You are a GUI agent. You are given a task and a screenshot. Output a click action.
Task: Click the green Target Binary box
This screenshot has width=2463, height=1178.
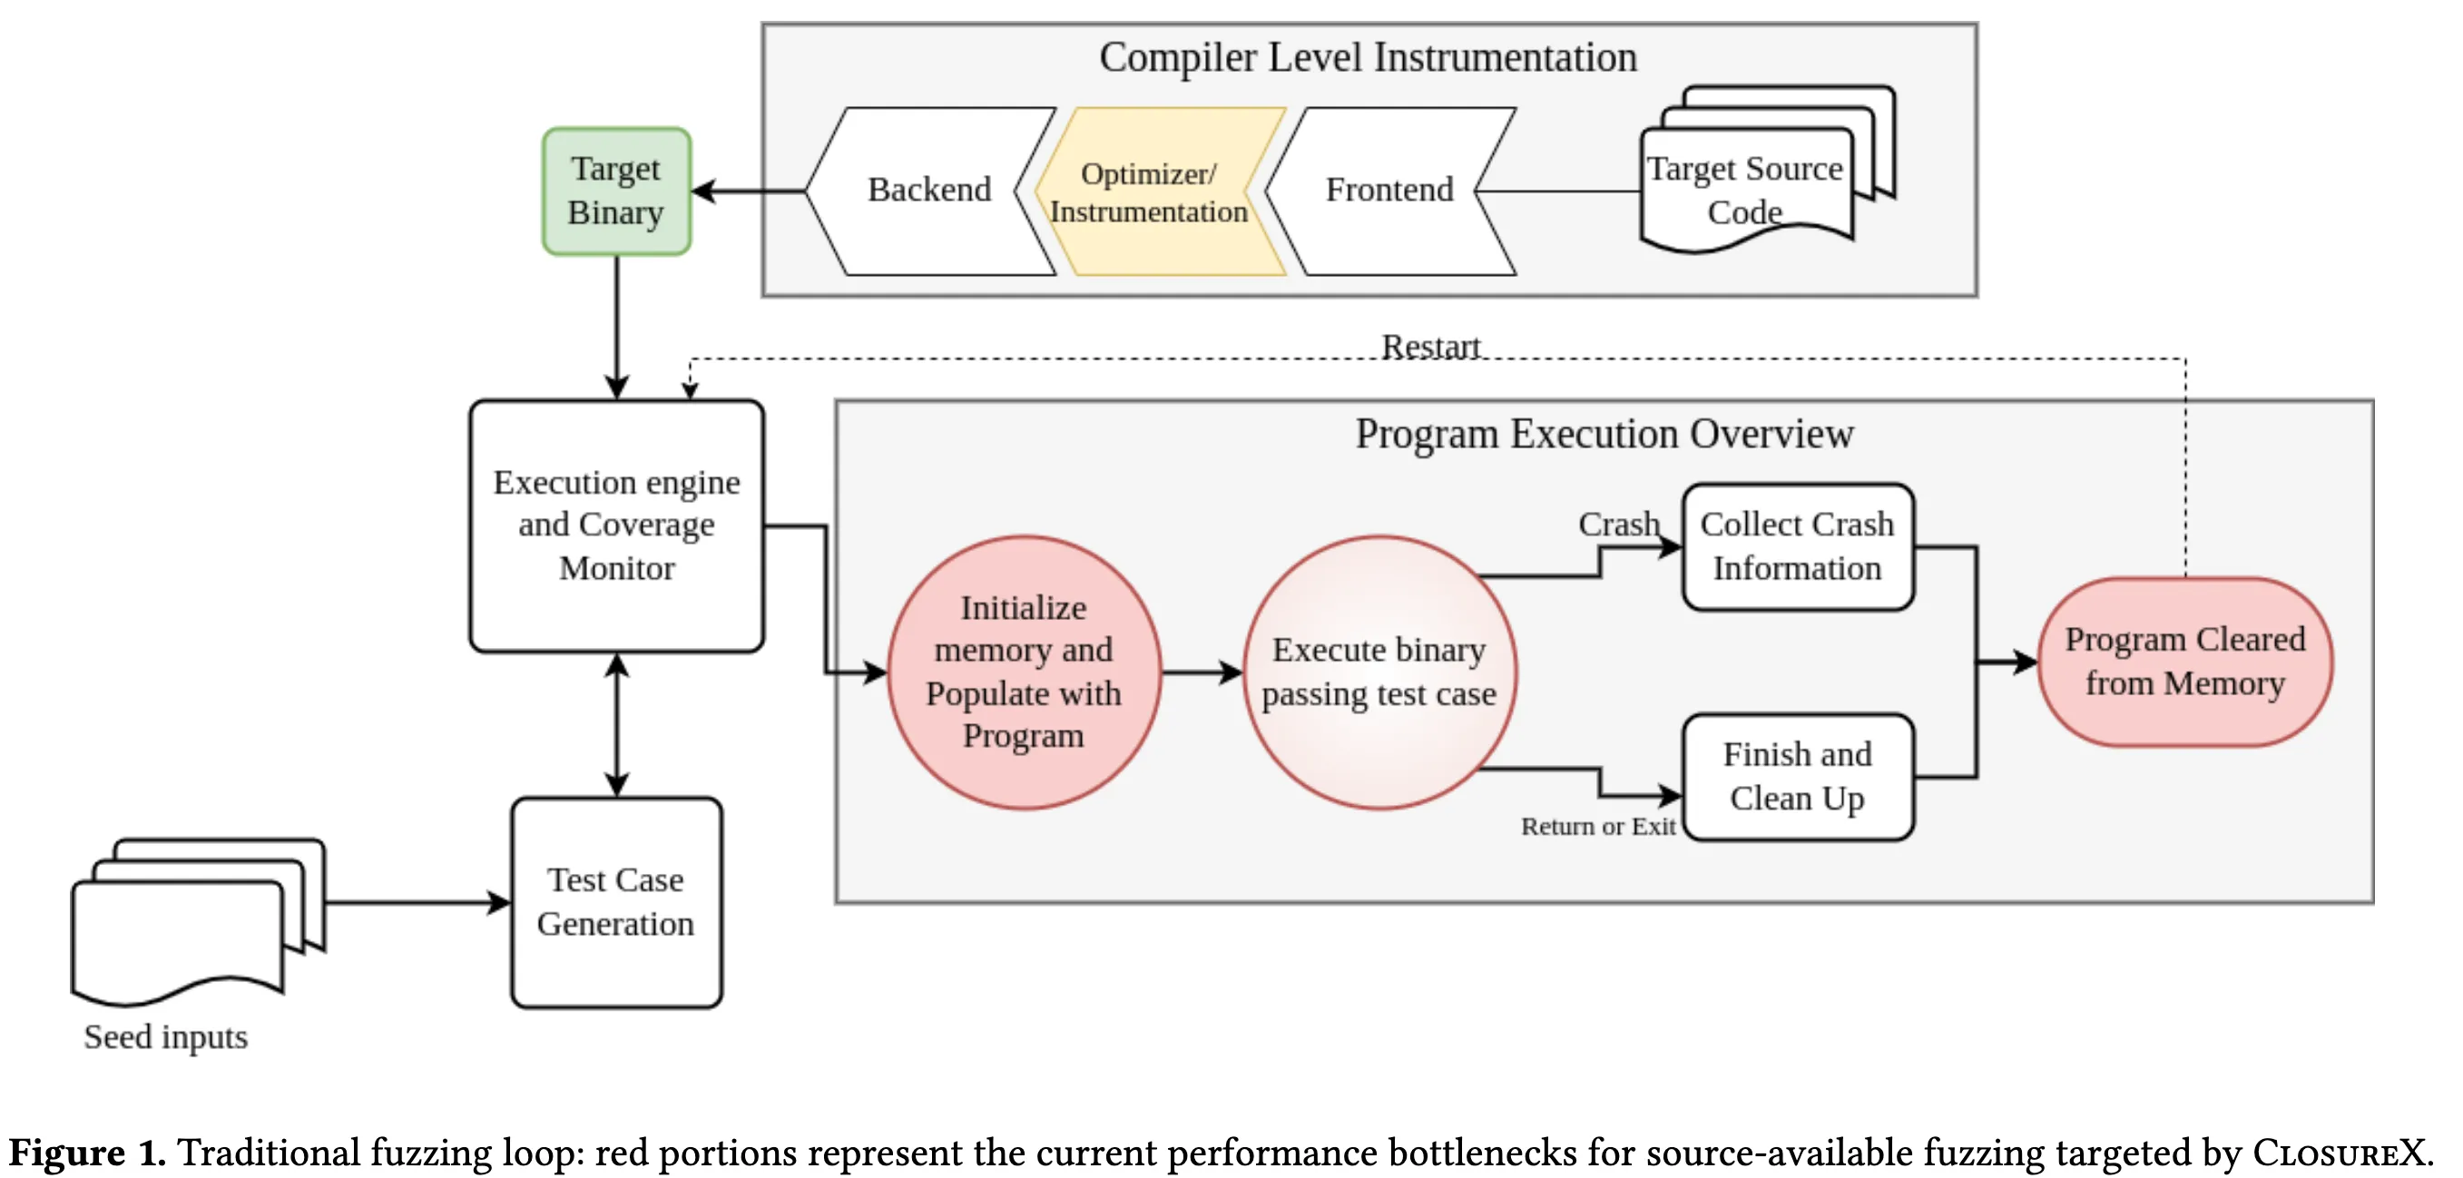(617, 191)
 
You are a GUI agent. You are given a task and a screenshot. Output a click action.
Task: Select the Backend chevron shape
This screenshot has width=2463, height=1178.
(929, 191)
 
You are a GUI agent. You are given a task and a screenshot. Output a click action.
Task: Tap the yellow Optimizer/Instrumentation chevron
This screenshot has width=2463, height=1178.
(1159, 192)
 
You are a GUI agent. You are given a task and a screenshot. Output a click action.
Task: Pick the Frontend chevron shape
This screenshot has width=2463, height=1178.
(1390, 191)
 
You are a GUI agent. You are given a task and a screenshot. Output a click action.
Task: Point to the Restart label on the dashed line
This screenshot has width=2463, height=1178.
(1430, 346)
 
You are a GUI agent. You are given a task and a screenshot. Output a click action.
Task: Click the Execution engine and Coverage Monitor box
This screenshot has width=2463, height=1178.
(617, 525)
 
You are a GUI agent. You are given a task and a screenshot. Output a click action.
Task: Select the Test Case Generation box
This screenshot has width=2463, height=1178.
(617, 902)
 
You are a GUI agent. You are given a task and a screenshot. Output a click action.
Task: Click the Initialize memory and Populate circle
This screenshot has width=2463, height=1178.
(1024, 672)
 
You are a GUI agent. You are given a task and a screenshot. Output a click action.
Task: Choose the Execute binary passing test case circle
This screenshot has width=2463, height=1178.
(1379, 672)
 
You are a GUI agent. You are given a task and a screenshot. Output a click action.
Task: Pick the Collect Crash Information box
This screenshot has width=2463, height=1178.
(1798, 546)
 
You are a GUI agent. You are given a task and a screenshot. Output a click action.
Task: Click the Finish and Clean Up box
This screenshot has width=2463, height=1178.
(1798, 777)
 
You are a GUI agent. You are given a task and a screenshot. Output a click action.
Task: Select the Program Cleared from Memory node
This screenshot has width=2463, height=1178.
(2184, 662)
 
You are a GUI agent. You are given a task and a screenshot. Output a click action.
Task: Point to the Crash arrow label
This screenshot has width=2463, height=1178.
(1619, 524)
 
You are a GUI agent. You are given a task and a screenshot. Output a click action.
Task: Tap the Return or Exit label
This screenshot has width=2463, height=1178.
(1598, 826)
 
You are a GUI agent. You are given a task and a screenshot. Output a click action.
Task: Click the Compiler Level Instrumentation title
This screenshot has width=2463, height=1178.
(1369, 57)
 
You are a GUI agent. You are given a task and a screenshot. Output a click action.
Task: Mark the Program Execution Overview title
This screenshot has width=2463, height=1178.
(1604, 434)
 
